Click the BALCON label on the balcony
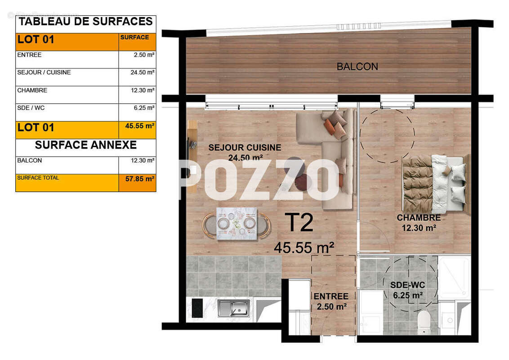357,67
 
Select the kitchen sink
233,308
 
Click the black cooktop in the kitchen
197,308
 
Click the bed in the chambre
434,184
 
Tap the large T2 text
299,222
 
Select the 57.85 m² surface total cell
137,183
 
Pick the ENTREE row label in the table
29,55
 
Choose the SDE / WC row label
31,108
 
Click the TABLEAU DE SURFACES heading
85,22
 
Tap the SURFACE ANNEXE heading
85,145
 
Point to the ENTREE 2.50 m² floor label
330,301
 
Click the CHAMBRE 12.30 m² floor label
419,223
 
